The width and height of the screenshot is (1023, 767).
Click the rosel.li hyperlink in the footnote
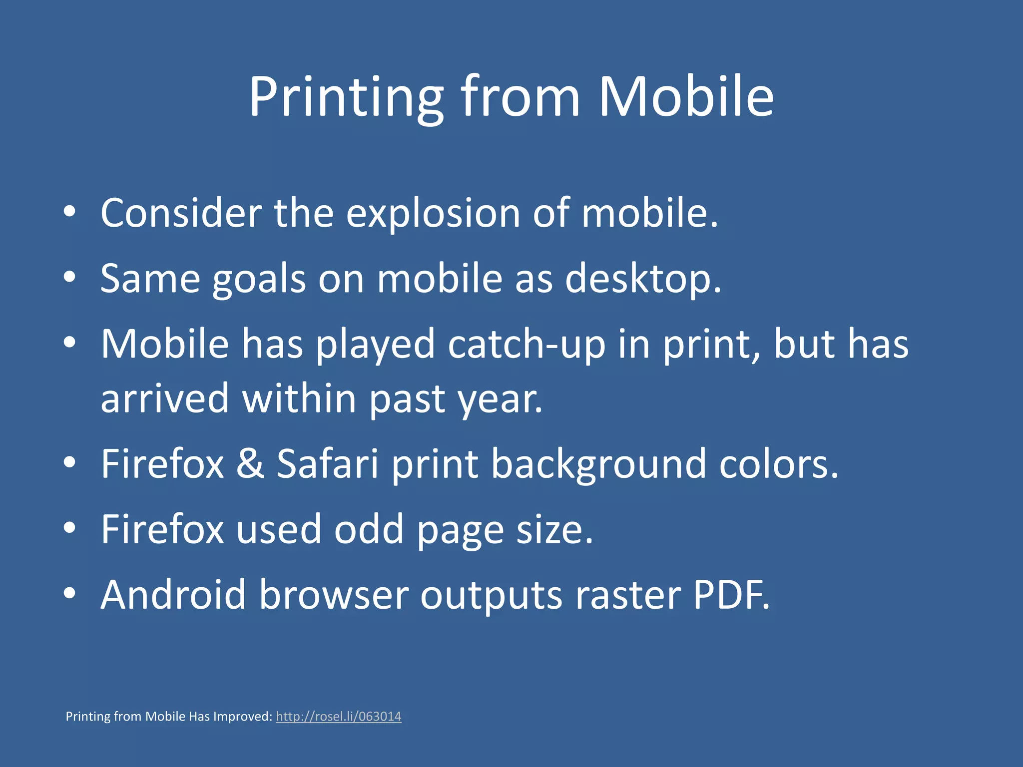(338, 717)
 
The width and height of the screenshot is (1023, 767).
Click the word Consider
(181, 214)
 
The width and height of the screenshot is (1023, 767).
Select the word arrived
(165, 399)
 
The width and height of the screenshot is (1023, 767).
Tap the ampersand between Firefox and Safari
(250, 464)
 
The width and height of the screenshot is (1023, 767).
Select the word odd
(369, 530)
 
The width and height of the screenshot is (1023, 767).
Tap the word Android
(173, 595)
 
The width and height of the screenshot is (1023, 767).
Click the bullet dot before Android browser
(70, 593)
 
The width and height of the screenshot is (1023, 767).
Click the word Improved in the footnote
(243, 717)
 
